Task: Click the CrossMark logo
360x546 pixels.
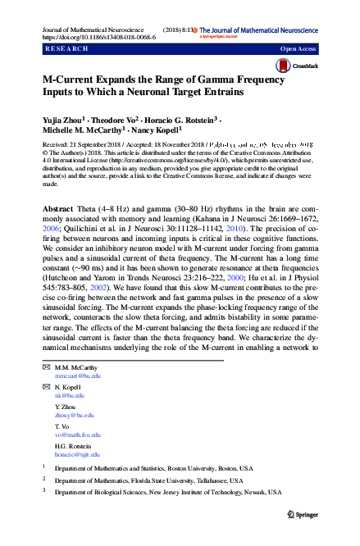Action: click(x=300, y=67)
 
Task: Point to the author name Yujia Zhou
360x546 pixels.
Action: click(x=64, y=120)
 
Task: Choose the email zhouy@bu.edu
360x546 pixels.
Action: click(x=73, y=415)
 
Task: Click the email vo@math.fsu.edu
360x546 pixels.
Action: click(x=78, y=435)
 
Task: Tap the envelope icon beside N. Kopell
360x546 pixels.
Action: click(x=45, y=386)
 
